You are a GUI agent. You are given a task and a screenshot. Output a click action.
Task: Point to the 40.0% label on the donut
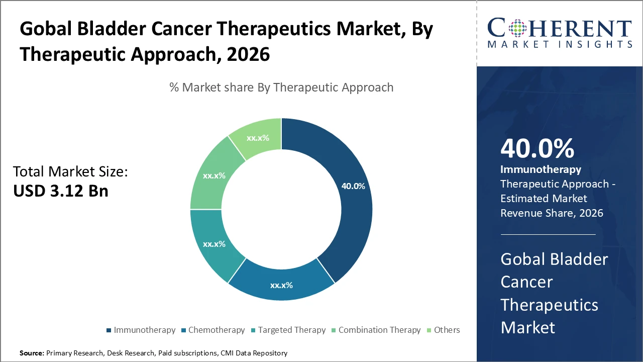pos(353,186)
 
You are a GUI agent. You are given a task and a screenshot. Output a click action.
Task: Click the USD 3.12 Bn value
pos(61,191)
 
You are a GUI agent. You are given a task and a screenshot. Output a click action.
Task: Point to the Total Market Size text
pos(70,172)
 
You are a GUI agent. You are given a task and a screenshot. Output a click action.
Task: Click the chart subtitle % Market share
pos(281,87)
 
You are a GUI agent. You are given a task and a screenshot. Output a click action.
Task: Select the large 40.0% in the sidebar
pos(537,149)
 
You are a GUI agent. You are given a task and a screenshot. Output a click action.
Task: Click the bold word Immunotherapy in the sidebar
pos(541,169)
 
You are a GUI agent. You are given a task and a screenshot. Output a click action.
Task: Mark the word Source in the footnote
pos(32,353)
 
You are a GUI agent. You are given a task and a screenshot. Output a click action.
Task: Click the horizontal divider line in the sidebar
pos(548,234)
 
